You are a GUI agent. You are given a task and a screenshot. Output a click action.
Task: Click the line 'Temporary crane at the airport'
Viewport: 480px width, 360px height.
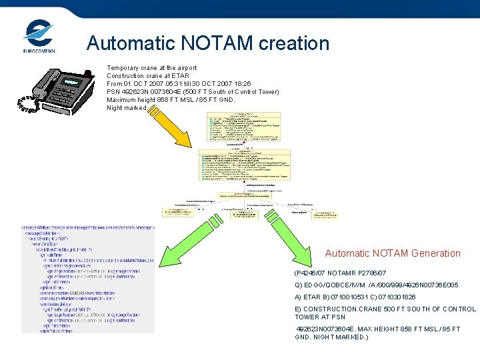pyautogui.click(x=151, y=68)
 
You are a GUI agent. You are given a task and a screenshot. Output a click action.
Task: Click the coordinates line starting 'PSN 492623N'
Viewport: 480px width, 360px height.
pyautogui.click(x=193, y=92)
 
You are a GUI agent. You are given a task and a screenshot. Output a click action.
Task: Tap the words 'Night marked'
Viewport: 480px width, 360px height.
pyautogui.click(x=126, y=108)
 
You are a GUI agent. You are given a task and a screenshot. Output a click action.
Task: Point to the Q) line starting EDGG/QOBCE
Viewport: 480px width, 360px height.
pyautogui.click(x=376, y=285)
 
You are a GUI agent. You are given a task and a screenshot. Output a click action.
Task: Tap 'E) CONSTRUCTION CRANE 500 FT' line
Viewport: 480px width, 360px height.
pyautogui.click(x=385, y=309)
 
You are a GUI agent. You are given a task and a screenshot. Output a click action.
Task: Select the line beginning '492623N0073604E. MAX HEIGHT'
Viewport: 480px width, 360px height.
pyautogui.click(x=377, y=329)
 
